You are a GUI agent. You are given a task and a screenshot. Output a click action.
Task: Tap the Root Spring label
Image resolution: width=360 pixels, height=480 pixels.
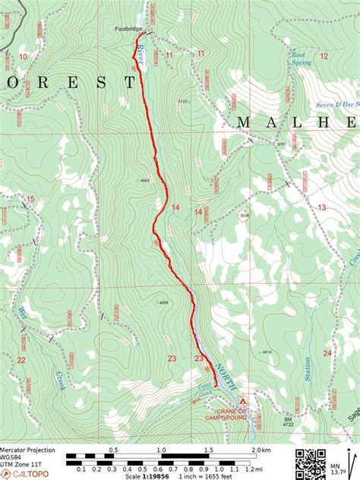301,58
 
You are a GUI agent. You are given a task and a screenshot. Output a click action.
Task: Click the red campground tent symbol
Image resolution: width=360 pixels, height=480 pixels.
242,400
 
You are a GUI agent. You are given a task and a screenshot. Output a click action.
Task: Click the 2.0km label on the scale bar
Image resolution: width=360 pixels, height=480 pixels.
261,450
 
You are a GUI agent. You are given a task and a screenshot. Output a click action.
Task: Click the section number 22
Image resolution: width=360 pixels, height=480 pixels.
21,360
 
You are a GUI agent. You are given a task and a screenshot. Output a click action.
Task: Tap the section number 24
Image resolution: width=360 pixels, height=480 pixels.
327,352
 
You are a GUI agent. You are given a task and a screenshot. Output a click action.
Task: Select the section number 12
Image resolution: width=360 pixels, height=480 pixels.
324,55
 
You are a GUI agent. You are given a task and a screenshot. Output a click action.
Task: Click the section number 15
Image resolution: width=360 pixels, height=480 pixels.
30,200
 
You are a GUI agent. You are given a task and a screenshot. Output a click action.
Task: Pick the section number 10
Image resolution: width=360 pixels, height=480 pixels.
24,56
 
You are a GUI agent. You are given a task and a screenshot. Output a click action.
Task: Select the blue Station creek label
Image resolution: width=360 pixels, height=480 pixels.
307,369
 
